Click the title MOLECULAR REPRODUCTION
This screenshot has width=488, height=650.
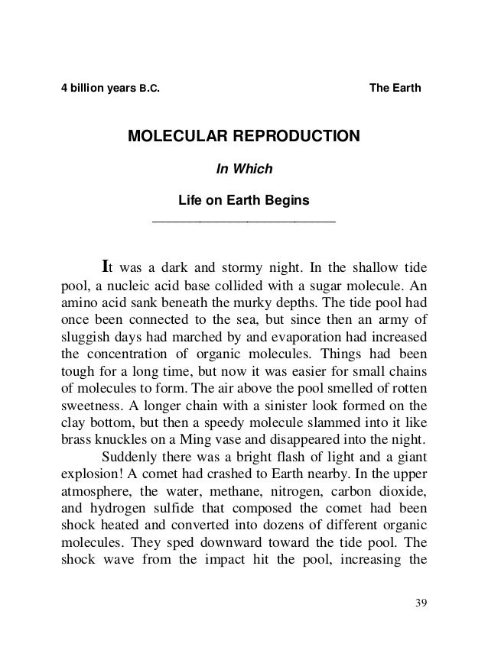[x=242, y=137]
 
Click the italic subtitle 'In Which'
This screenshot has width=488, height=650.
[x=243, y=170]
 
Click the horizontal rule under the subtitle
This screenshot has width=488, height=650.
[x=244, y=222]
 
